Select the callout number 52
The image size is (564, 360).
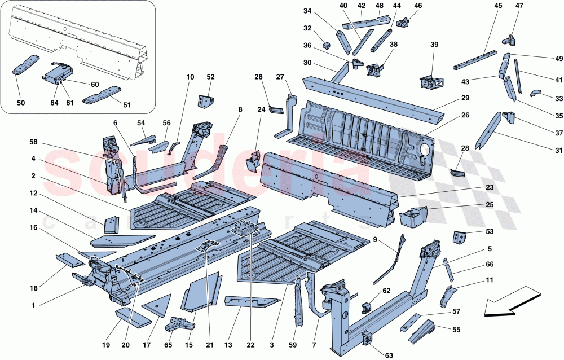coord(210,77)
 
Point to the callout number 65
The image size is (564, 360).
coord(168,344)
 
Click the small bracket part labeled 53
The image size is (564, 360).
coord(459,237)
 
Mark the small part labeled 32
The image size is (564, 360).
coord(326,45)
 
